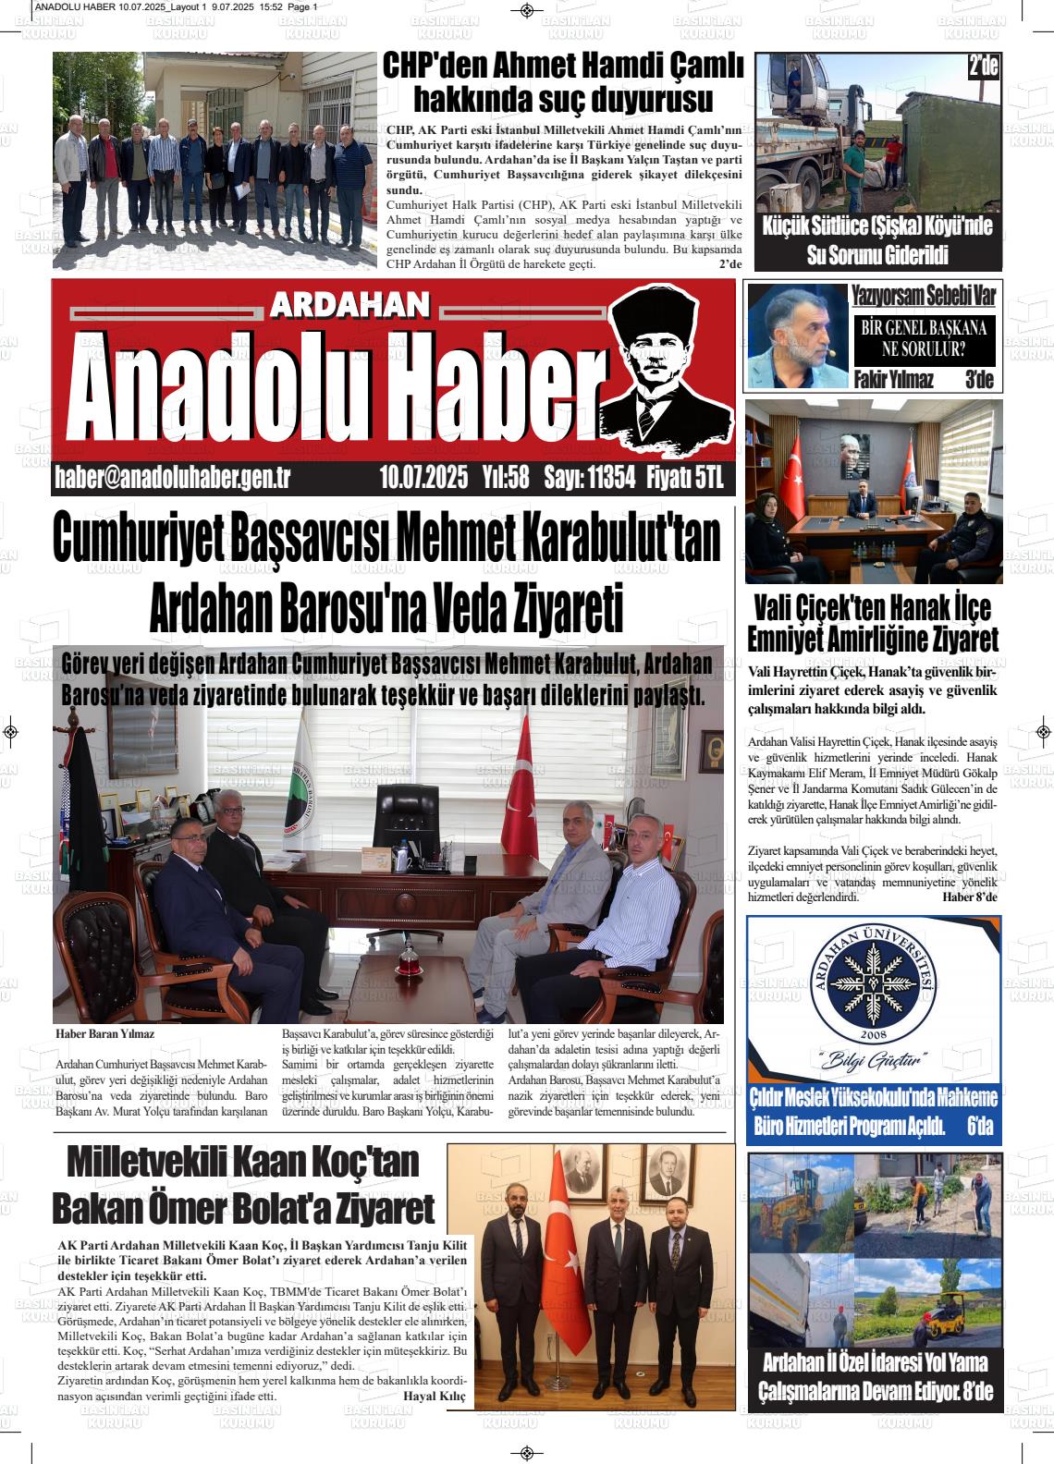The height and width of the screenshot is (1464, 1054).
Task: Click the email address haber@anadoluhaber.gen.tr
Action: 174,478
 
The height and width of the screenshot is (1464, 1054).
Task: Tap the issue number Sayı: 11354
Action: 589,478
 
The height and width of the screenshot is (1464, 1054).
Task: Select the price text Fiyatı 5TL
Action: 684,478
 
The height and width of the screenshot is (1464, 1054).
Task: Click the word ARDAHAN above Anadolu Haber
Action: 351,306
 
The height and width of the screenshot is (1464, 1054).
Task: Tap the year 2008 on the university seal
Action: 873,1033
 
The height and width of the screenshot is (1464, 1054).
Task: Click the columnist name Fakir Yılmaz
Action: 893,380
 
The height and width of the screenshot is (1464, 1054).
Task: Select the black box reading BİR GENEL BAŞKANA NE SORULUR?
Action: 923,338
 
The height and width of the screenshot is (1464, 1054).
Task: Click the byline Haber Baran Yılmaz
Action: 104,1034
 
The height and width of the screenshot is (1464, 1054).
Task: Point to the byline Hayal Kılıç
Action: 435,1396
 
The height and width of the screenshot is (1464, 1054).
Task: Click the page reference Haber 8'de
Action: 970,897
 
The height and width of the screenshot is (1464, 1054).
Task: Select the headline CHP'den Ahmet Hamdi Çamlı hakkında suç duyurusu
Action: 563,81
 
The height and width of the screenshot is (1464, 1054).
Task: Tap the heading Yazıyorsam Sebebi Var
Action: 923,296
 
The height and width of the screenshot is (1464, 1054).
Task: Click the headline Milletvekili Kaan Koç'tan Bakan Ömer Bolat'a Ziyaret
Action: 243,1185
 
